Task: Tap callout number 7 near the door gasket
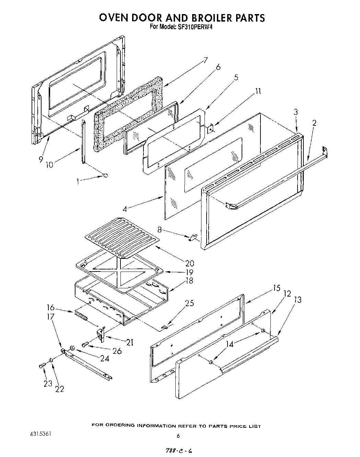[206, 60]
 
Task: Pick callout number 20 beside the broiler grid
[189, 263]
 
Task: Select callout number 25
[189, 303]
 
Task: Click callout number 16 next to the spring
[51, 307]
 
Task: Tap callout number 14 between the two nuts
[229, 344]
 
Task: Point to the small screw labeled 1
[106, 176]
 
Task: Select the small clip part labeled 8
[193, 237]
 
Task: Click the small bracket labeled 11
[210, 128]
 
